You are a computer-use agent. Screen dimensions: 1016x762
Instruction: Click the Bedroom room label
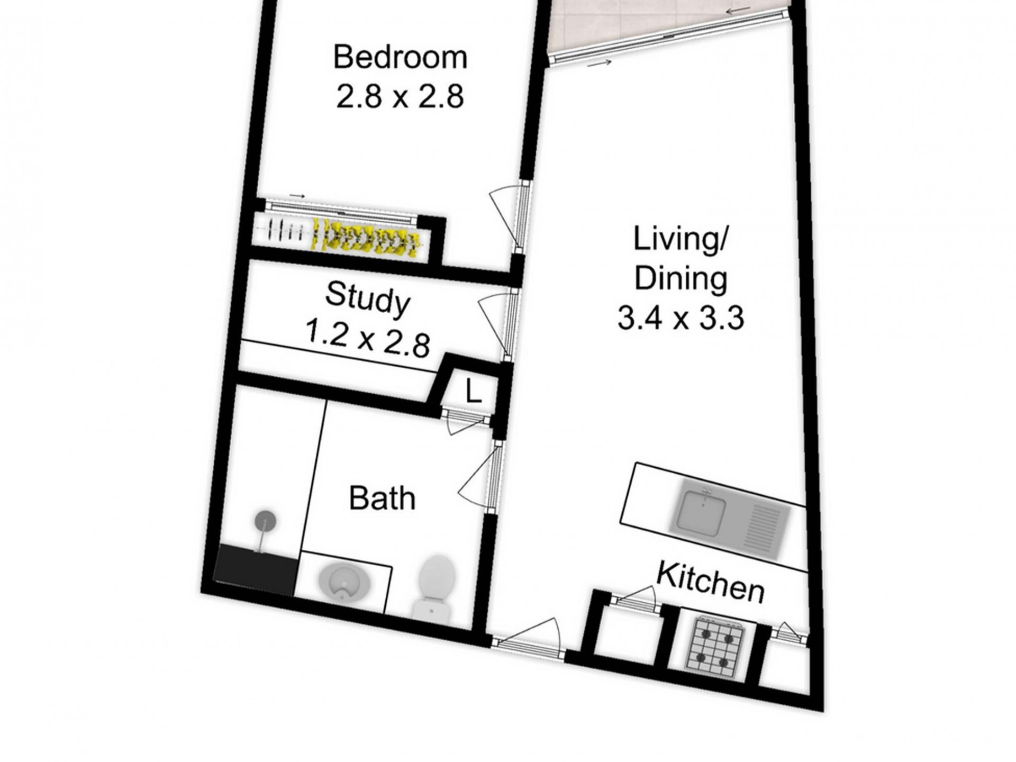(400, 58)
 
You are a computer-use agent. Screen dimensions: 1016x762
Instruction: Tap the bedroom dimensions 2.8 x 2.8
(400, 97)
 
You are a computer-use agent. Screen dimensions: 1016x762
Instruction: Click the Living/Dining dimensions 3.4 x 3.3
(681, 319)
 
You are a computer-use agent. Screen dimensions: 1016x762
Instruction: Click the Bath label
(382, 498)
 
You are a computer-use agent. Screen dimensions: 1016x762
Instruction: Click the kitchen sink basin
(702, 511)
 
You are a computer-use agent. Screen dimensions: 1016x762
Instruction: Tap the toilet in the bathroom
(436, 586)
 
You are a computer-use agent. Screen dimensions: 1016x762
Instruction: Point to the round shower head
(265, 520)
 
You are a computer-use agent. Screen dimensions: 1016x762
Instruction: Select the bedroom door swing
(504, 216)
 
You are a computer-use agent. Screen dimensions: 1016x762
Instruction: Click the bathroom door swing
(475, 476)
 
